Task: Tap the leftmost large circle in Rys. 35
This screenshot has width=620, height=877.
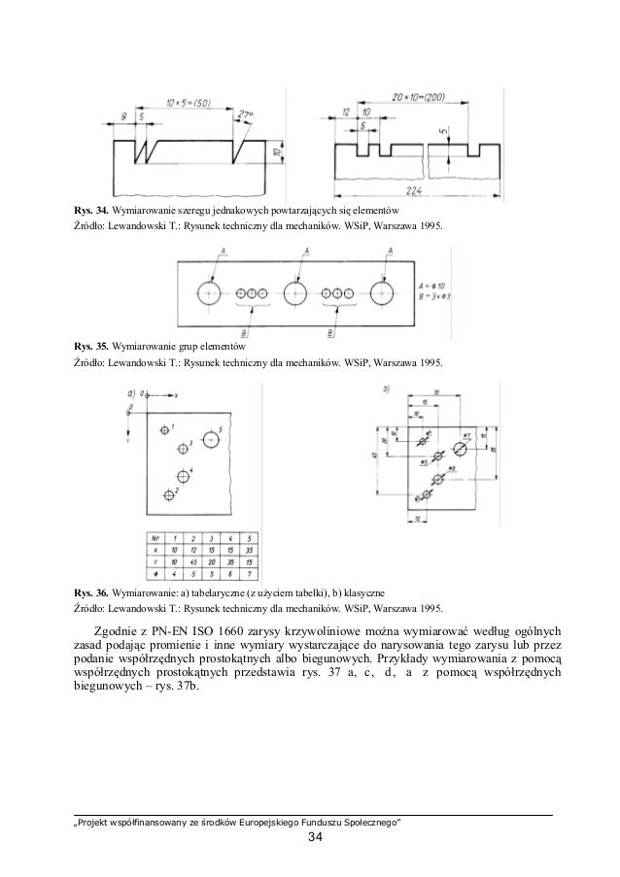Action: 209,291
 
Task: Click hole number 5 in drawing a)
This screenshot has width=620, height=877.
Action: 212,440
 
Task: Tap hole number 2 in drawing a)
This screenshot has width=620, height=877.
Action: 168,495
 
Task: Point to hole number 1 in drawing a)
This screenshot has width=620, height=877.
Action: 163,428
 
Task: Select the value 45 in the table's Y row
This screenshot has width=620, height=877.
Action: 193,562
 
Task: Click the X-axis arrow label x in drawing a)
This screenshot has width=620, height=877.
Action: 176,395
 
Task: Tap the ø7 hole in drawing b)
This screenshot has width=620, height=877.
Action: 459,450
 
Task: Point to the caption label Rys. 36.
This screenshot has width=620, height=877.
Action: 90,591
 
